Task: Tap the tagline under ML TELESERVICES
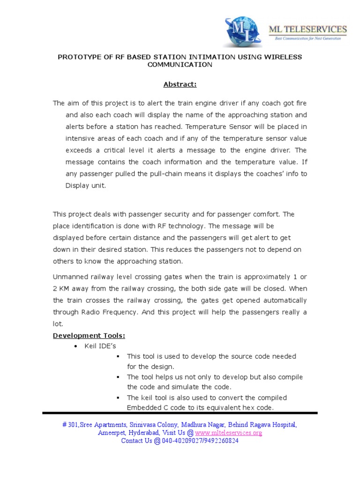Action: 307,38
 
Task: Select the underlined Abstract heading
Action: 180,84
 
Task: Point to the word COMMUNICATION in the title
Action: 180,65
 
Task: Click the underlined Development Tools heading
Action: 89,336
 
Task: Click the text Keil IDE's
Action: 100,346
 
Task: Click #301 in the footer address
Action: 70,425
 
